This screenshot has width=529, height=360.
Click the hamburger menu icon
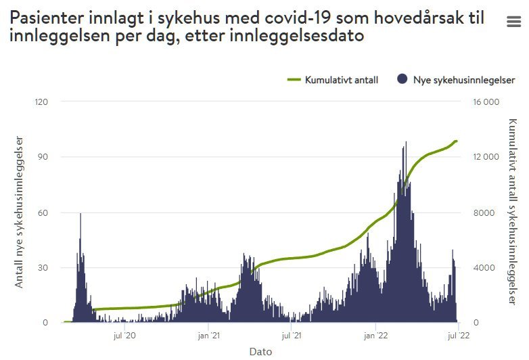point(513,22)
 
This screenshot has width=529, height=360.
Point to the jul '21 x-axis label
point(292,335)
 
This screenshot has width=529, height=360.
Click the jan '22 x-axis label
point(375,335)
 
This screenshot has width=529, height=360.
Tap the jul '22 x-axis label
point(459,335)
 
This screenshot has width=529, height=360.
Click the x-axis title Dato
point(260,352)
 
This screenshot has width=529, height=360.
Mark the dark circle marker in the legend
point(402,80)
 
